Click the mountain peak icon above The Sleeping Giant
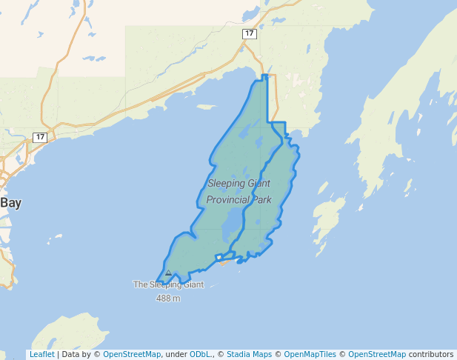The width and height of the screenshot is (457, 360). pos(168,273)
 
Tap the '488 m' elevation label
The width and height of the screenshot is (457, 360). pos(168,299)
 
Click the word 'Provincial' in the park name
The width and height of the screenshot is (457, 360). pos(228,200)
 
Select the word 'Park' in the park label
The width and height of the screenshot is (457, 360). pos(261,200)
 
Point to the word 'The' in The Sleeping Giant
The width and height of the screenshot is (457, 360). pos(140,284)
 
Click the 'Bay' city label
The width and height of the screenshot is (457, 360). pos(10,202)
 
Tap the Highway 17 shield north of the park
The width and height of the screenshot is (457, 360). pos(250,34)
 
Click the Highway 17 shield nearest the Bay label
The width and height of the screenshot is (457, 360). pos(40,137)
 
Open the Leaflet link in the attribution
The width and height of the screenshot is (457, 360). pos(41,354)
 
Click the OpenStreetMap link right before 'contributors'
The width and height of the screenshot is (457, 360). pos(377,354)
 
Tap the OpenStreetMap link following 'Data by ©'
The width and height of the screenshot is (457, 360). pos(132,354)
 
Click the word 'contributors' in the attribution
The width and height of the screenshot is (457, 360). pos(430,354)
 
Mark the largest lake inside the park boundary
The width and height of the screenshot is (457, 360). pos(233,220)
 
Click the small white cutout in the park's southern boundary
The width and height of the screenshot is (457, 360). pos(219,258)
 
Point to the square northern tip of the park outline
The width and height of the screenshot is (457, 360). pos(264,77)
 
